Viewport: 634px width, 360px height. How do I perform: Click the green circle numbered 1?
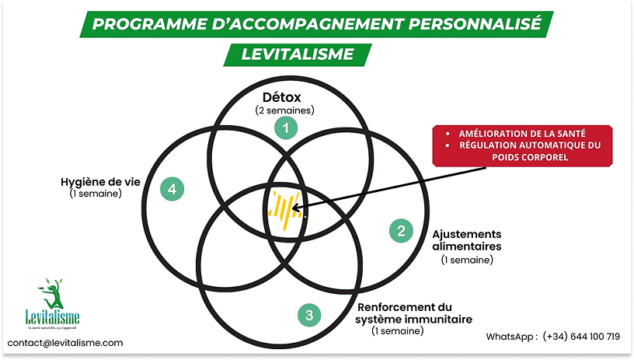click(287, 128)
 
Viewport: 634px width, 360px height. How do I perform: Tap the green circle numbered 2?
click(401, 230)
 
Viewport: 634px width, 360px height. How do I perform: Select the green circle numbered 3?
click(309, 315)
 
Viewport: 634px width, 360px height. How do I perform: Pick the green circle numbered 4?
click(172, 187)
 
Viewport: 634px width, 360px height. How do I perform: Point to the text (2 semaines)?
click(284, 110)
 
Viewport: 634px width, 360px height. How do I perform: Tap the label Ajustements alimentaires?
click(467, 239)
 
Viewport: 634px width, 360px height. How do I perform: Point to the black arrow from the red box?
click(365, 182)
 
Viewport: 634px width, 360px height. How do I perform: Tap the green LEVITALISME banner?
click(297, 54)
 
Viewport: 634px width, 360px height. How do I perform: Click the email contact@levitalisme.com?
click(65, 343)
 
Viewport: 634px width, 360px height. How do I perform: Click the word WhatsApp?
click(510, 337)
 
